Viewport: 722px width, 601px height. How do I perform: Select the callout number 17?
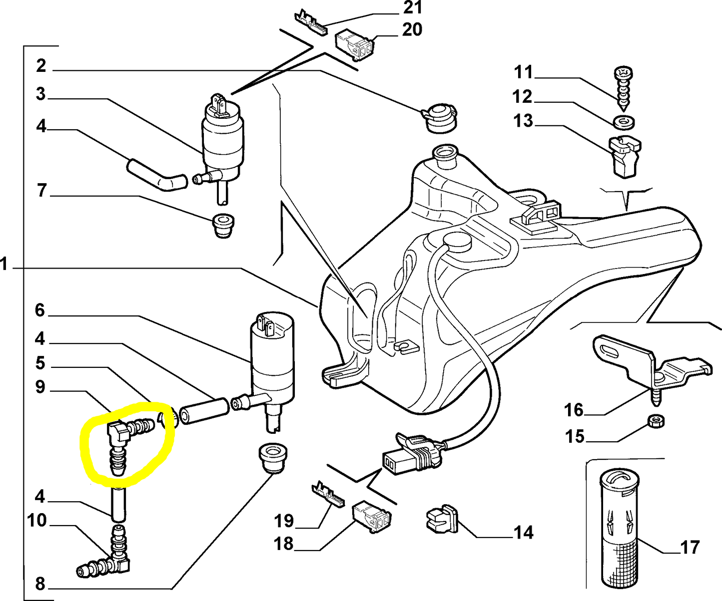690,547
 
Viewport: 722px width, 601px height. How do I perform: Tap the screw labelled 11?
623,87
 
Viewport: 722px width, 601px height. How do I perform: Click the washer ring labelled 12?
623,121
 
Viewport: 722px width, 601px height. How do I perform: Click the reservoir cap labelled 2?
439,118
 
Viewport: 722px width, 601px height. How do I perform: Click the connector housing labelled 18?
372,517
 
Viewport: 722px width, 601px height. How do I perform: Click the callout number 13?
523,121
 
